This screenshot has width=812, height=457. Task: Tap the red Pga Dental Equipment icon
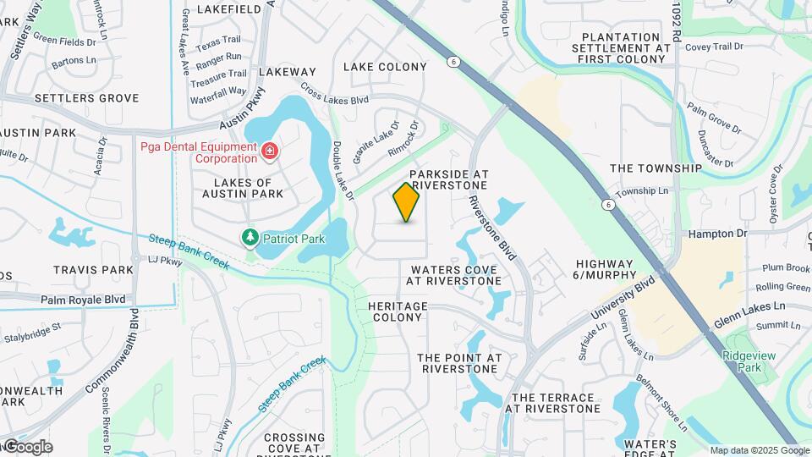(x=269, y=151)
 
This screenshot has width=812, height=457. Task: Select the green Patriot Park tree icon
(x=250, y=239)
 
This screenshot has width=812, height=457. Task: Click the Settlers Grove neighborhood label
(x=86, y=98)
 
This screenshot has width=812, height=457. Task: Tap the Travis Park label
(x=93, y=270)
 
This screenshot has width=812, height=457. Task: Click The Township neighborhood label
(x=656, y=168)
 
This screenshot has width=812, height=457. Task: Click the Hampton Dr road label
(x=718, y=233)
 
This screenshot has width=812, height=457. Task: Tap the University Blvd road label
(x=623, y=302)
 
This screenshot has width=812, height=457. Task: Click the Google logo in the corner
(x=27, y=447)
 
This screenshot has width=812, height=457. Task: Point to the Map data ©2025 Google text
(x=760, y=450)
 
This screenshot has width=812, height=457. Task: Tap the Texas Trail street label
(x=218, y=40)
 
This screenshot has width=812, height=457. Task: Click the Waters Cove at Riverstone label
(x=453, y=275)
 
